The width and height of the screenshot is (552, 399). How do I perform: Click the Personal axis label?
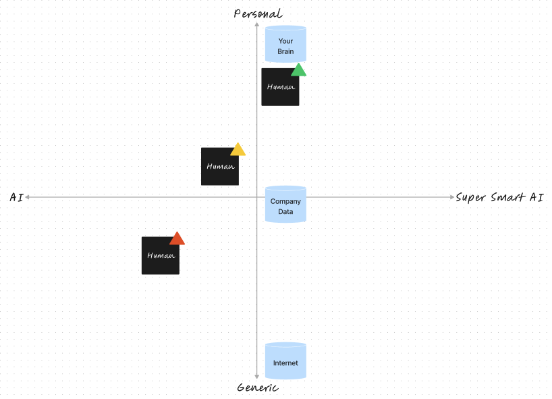coord(258,14)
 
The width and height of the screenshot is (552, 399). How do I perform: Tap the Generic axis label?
coord(258,388)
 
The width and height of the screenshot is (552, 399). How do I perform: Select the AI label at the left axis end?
coord(17,197)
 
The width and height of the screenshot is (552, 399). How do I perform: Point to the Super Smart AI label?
coord(499,197)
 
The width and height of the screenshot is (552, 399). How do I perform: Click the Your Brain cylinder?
coord(285,44)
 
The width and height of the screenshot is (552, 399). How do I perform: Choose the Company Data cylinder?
coord(285,205)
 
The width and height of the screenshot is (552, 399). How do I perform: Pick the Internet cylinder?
coord(285,361)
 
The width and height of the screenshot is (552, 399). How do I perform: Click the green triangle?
coord(298,70)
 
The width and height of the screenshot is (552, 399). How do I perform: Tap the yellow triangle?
coord(238,150)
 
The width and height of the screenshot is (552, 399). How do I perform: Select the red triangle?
coord(177,239)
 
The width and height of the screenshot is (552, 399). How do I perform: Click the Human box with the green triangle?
coord(280,87)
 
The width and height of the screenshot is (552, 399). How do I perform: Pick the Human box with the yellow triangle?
coord(220,166)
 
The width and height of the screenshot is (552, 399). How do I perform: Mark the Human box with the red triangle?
coord(161,255)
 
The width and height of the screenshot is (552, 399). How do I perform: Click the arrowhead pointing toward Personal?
coord(257,24)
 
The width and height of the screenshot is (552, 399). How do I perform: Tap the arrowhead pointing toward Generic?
coord(257,377)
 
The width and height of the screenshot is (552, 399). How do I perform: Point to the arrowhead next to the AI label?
coord(27,197)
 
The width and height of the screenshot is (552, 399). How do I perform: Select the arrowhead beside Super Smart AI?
coord(452,197)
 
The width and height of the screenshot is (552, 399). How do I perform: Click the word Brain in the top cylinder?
coord(285,51)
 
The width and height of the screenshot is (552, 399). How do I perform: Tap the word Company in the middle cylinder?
coord(285,201)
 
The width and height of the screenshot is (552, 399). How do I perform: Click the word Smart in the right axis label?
coord(508,197)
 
